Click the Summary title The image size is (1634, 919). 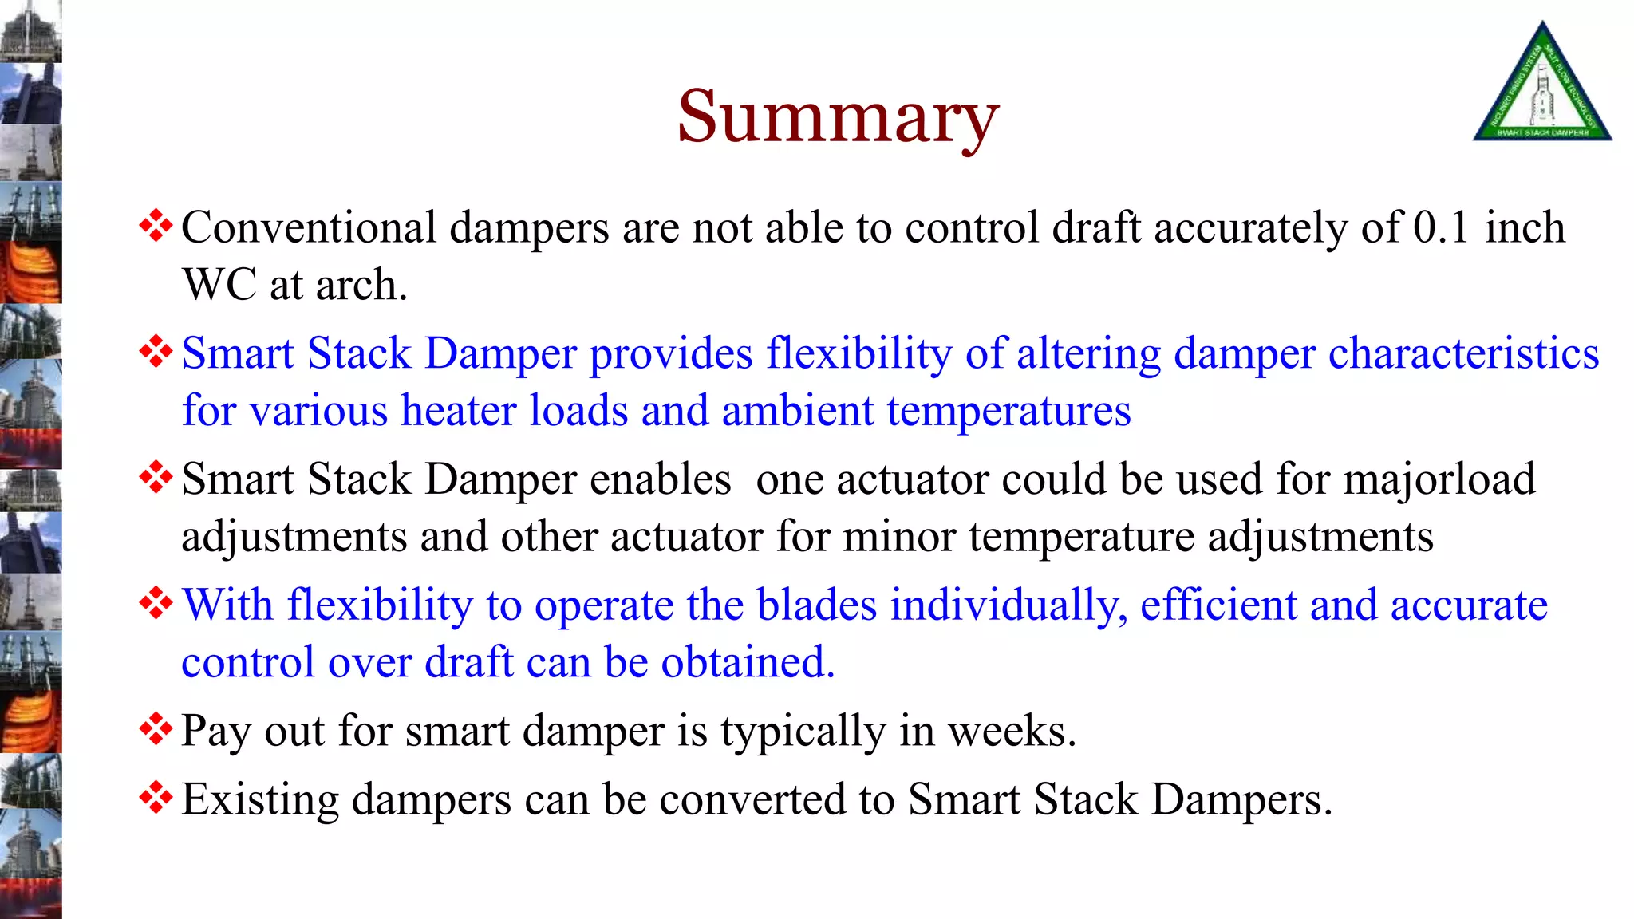click(838, 118)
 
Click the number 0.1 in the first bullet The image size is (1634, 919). click(1440, 228)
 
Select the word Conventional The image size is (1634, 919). click(309, 228)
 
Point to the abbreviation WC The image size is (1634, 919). click(219, 286)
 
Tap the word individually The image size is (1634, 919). click(1008, 605)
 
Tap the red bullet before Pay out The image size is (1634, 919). click(156, 729)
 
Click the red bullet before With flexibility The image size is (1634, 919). click(156, 603)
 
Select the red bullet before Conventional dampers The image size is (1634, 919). click(156, 226)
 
